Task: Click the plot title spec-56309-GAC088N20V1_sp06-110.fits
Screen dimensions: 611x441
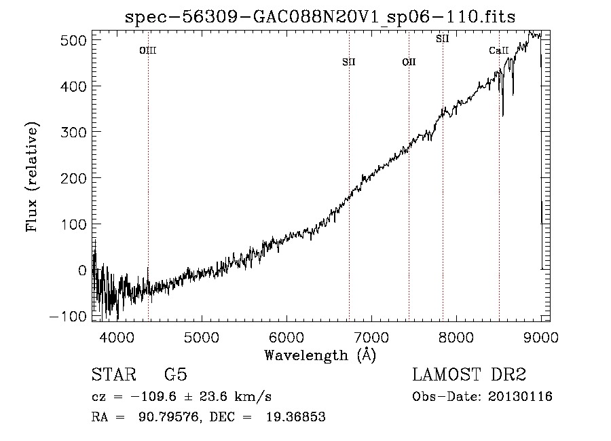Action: coord(320,17)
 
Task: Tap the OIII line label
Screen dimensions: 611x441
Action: coord(148,50)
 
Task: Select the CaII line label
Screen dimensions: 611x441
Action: coord(499,50)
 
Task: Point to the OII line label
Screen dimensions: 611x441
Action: coord(409,62)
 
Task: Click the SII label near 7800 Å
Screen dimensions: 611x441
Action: coord(443,39)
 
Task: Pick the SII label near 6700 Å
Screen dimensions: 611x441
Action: coord(349,62)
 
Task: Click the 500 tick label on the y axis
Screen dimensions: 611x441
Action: coord(73,40)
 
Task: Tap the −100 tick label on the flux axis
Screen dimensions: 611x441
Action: coord(68,316)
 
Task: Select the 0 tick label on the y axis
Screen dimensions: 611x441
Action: coord(82,270)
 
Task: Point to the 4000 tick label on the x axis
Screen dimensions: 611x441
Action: coord(117,337)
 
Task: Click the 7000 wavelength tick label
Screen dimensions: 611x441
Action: coord(371,337)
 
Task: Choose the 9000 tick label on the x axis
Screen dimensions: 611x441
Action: coord(541,337)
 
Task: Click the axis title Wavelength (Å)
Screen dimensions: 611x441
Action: coord(320,355)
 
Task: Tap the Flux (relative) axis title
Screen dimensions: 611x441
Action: coord(32,177)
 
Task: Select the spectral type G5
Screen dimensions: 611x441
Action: coord(176,374)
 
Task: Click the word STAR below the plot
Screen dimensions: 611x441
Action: coord(114,374)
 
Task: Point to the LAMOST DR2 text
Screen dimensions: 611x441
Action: coord(469,374)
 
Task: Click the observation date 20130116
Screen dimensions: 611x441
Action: coord(520,397)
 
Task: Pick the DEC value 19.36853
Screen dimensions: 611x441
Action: coord(296,417)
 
